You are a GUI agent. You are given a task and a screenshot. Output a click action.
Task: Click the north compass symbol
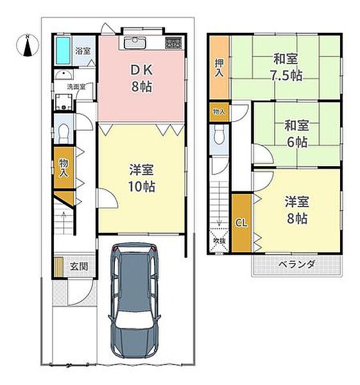28,46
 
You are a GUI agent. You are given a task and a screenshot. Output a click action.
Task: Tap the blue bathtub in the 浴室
63,51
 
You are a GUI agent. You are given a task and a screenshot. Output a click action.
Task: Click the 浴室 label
83,51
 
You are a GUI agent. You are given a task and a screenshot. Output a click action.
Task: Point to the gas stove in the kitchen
174,43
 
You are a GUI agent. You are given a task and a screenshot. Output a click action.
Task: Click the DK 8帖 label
142,78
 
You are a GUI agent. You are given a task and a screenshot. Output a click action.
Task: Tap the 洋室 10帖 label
142,178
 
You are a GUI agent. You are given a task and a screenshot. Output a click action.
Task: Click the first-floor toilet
64,132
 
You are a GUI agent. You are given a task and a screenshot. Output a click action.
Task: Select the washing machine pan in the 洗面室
64,102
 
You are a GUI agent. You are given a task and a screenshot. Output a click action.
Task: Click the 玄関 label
79,267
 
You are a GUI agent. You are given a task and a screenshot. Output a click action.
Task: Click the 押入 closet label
219,68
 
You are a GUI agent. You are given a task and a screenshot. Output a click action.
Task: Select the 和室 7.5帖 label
286,67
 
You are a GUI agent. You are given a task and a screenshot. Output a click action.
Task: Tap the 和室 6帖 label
297,133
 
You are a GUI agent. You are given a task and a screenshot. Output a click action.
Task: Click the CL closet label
241,223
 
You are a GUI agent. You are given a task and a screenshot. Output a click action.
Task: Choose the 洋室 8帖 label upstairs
297,210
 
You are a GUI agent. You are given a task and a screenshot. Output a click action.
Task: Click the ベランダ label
297,264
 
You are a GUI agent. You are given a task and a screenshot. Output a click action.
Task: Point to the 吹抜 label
219,241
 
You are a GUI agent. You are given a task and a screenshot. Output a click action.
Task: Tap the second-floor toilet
219,136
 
